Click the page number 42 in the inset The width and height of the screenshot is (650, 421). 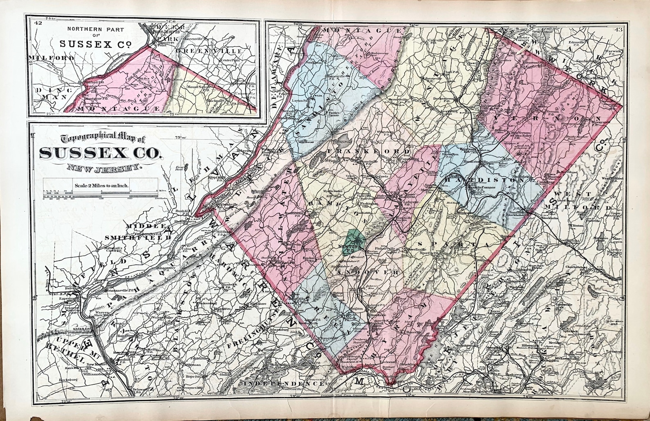39,23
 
